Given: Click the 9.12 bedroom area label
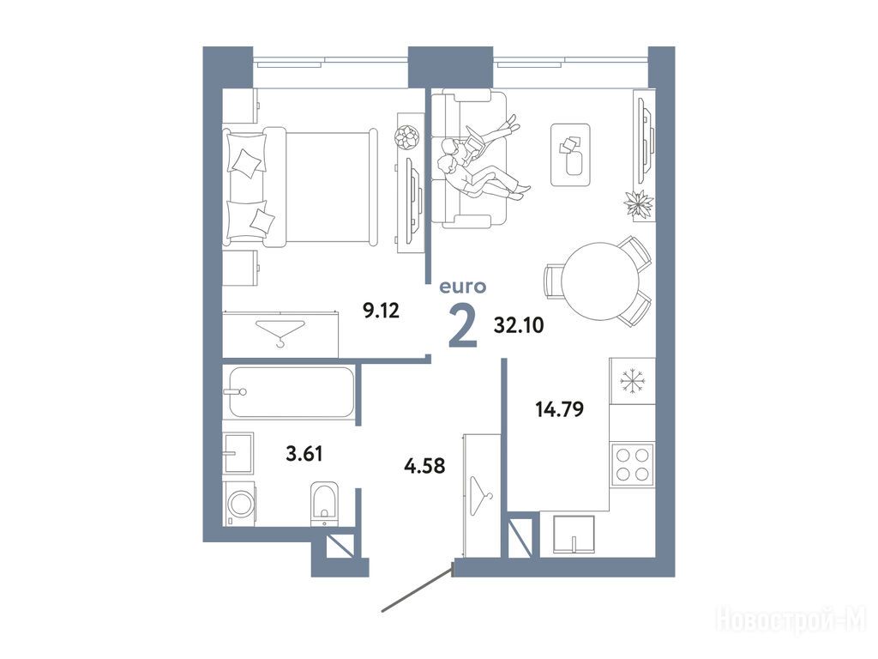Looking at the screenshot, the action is click(x=382, y=310).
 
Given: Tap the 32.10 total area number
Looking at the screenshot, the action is click(x=519, y=325).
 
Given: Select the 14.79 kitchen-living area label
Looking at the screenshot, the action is click(x=559, y=409).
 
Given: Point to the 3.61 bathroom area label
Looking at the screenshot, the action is click(x=304, y=453).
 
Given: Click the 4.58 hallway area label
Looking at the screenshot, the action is click(x=424, y=465).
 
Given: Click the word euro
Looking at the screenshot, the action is click(x=462, y=287).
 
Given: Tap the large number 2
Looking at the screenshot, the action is click(x=464, y=329).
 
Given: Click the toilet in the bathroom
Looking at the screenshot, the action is click(x=325, y=504).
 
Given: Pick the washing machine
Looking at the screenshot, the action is click(x=240, y=504).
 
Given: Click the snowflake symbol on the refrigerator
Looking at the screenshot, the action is click(x=633, y=381).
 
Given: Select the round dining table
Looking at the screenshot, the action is click(x=600, y=281).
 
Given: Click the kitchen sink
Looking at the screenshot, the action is click(x=574, y=535).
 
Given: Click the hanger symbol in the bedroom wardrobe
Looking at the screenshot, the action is click(x=280, y=332).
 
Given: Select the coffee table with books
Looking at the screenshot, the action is click(x=570, y=154).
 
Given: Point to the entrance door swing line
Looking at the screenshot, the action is click(x=418, y=589).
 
